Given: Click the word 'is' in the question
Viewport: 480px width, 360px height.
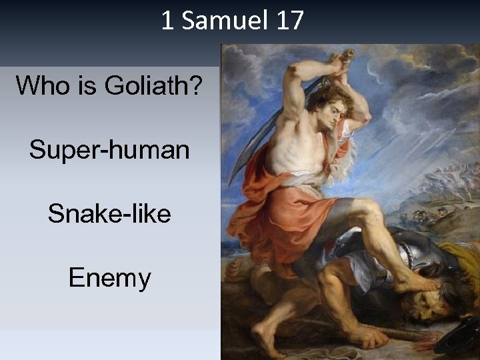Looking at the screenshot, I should coord(82,86).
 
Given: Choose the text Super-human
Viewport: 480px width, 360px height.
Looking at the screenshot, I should coord(109,150).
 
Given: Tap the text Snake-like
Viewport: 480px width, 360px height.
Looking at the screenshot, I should coord(109,214).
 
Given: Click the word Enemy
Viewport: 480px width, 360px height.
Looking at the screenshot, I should coord(109,278).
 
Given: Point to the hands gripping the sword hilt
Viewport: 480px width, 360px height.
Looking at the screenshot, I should coord(343,60).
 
